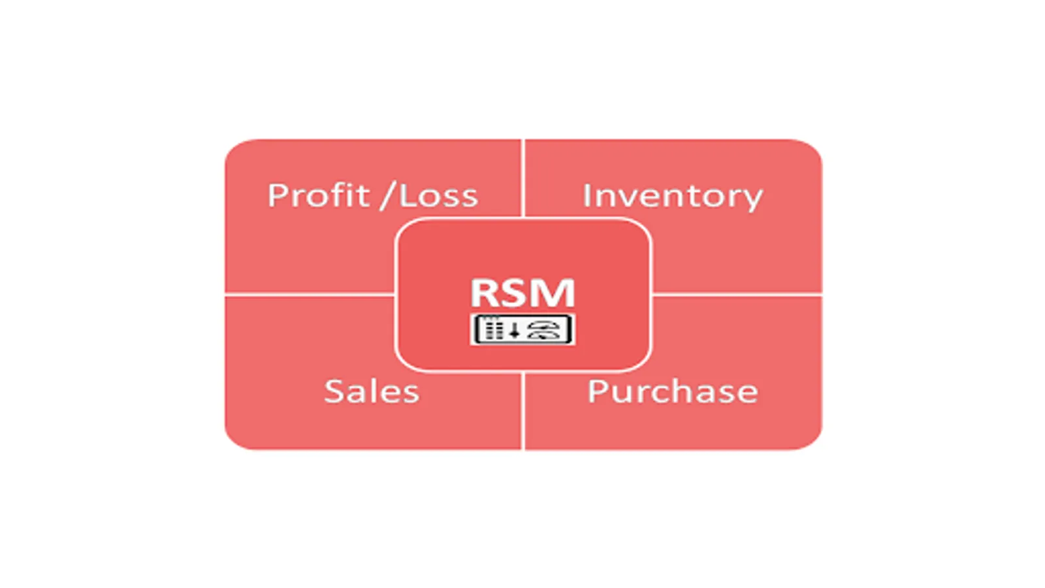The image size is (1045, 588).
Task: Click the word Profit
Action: [318, 195]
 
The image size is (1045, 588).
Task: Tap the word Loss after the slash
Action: [438, 195]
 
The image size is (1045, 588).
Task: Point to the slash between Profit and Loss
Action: [388, 195]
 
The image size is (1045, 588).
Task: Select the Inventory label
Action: [672, 196]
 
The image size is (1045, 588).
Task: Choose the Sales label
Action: [372, 391]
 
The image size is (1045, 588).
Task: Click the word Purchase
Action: [672, 391]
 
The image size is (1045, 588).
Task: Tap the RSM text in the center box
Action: [522, 293]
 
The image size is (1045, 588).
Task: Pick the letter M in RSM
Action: [555, 293]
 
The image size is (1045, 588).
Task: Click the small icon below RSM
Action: [522, 329]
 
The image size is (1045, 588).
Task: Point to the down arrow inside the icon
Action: [515, 331]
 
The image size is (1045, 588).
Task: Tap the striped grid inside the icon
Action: [494, 329]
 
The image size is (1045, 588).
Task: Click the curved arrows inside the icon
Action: [545, 330]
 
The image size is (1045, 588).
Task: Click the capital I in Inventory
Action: [587, 195]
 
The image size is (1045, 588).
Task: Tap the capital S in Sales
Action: [334, 391]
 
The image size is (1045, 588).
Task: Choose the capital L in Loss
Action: [407, 195]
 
